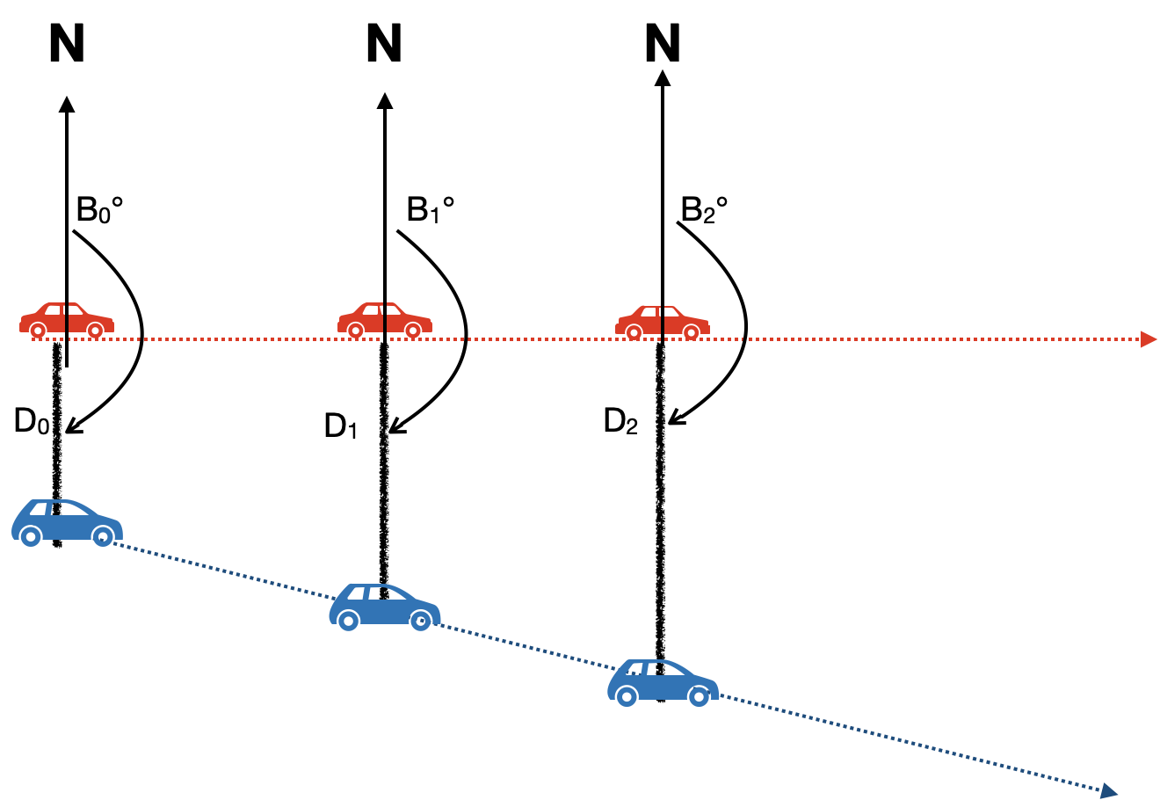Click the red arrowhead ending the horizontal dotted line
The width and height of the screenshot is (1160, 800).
1149,339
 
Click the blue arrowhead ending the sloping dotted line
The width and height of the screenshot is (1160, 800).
1109,791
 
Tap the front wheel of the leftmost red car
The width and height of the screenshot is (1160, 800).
95,331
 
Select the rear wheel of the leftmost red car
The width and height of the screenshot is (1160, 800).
38,331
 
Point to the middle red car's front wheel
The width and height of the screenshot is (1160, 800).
413,331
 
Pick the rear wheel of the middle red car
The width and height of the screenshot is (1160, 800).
356,331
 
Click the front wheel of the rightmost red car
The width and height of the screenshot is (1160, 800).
692,332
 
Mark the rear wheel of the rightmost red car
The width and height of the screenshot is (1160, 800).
634,332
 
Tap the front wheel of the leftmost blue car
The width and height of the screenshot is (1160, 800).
103,535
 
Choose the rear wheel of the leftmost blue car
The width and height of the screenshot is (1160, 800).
31,535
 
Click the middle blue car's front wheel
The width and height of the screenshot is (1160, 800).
421,620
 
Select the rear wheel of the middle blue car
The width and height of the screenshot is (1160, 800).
349,620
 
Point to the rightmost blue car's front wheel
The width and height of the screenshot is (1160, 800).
699,695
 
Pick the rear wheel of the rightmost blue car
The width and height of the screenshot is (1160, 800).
627,695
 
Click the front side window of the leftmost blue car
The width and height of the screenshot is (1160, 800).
69,509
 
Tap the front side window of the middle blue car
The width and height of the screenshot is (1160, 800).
385,593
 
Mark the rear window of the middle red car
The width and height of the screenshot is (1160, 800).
371,310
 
